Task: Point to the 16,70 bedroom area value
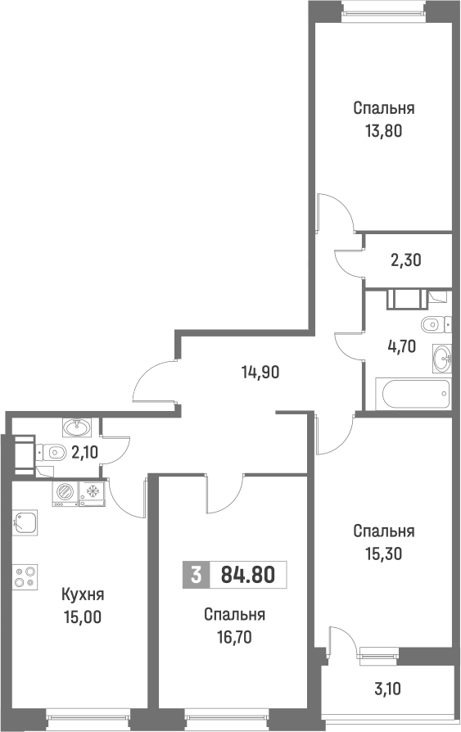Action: pyautogui.click(x=234, y=636)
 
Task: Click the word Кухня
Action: pyautogui.click(x=83, y=595)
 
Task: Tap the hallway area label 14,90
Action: pyautogui.click(x=260, y=373)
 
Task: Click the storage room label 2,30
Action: pyautogui.click(x=405, y=261)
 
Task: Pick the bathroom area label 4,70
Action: pyautogui.click(x=402, y=345)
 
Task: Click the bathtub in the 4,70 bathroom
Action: pyautogui.click(x=414, y=394)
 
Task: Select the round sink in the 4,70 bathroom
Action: pyautogui.click(x=443, y=356)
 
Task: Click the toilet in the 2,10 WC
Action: pyautogui.click(x=52, y=451)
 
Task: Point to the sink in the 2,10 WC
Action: pyautogui.click(x=79, y=425)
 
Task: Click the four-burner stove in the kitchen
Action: pyautogui.click(x=25, y=576)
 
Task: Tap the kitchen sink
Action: pyautogui.click(x=26, y=522)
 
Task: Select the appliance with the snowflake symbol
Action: pyautogui.click(x=93, y=492)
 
